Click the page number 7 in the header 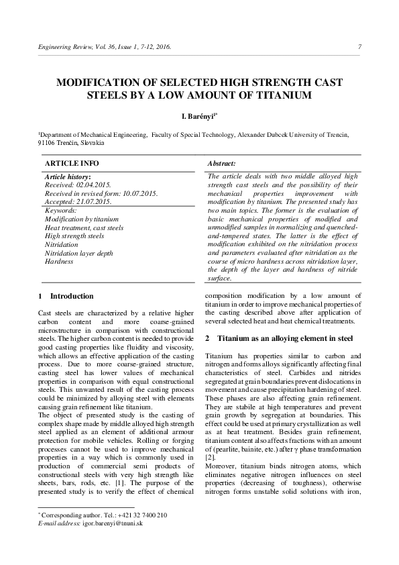360,47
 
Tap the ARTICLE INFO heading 72,163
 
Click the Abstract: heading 221,163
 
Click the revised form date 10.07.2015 133,193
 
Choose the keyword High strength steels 74,236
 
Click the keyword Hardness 58,261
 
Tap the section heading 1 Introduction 66,295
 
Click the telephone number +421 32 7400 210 141,515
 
